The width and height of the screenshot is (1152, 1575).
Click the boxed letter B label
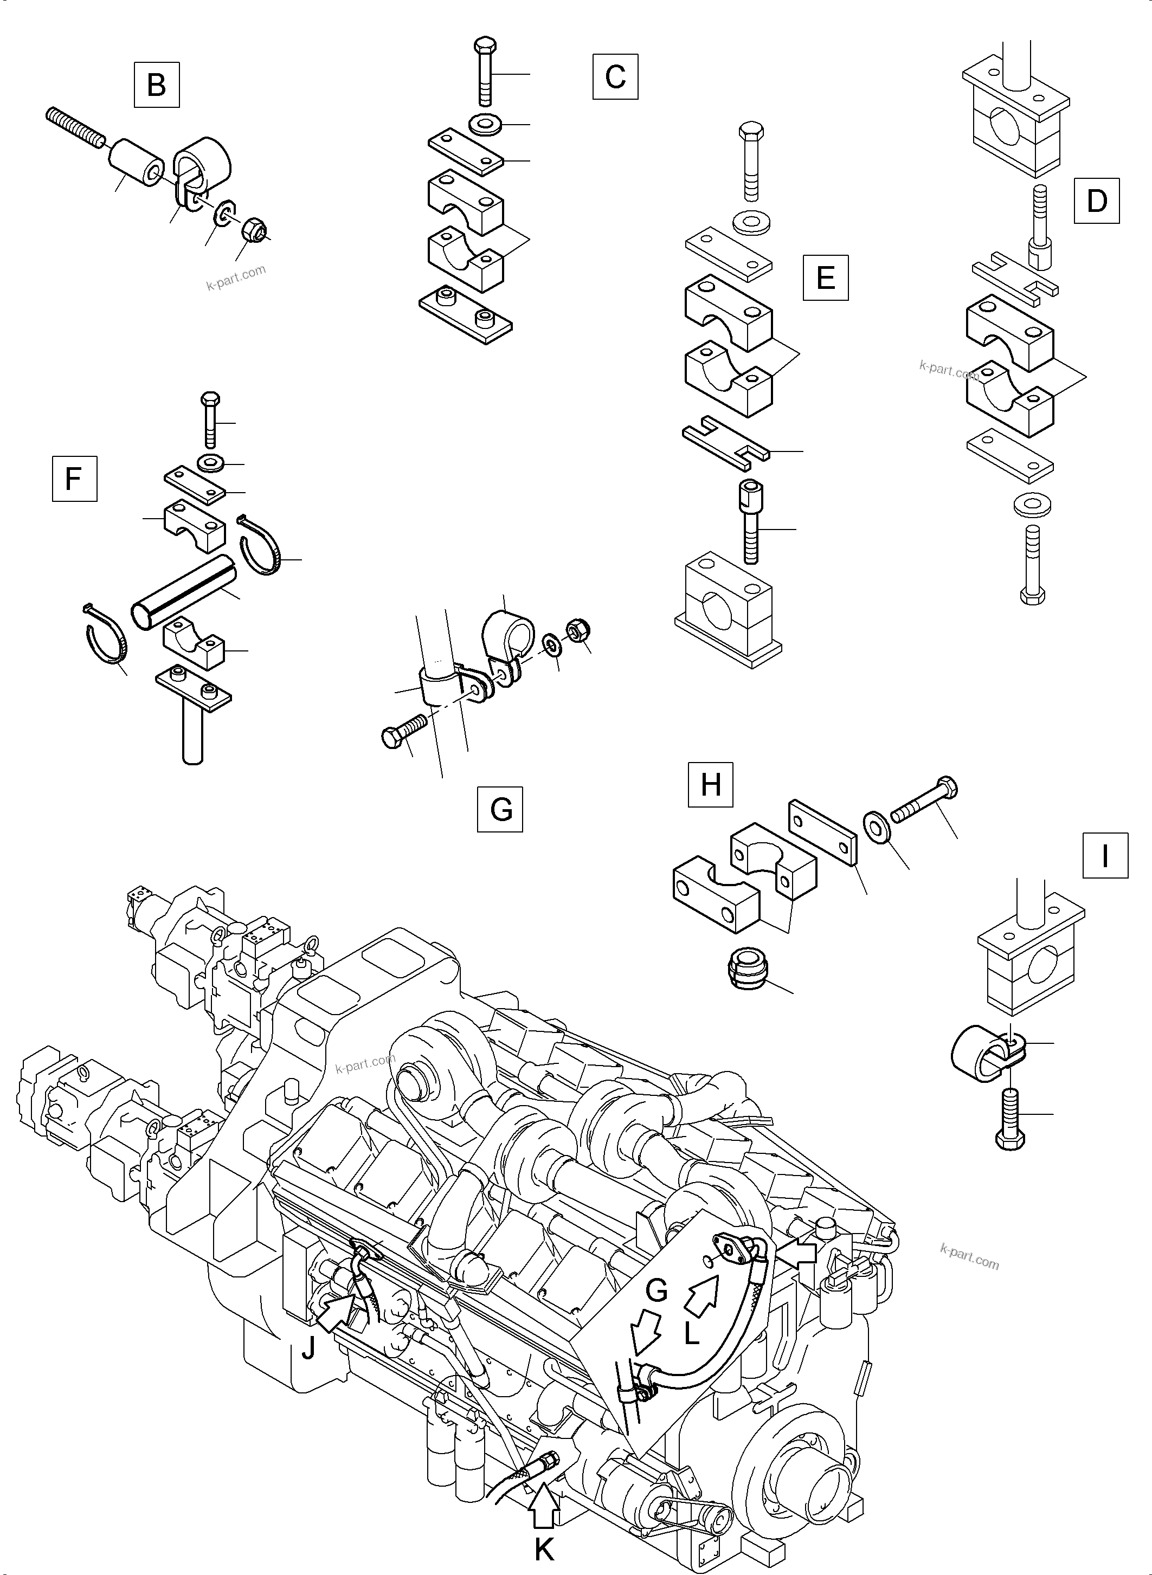[x=156, y=85]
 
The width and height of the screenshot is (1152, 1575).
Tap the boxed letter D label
[x=1097, y=201]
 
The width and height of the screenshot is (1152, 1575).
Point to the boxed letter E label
[x=826, y=277]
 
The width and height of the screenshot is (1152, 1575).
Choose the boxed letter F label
[x=74, y=479]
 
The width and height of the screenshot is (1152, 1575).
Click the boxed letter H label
[x=711, y=784]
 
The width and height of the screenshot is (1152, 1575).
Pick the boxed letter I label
[x=1105, y=855]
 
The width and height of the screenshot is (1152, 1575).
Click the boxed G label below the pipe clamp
[x=500, y=810]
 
